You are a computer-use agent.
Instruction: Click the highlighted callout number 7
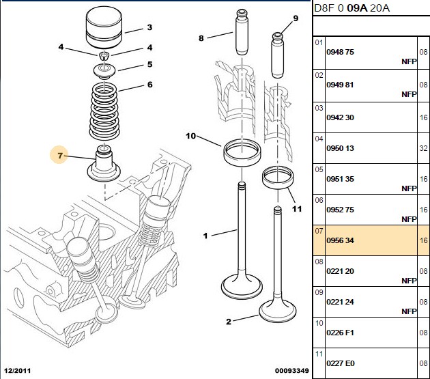click(60, 156)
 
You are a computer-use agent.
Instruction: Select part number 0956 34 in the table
click(340, 240)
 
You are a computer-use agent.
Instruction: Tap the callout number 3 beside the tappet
click(149, 27)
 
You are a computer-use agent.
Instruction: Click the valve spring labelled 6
click(104, 111)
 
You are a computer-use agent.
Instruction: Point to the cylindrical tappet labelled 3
click(104, 27)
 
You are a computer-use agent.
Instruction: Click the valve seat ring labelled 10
click(242, 153)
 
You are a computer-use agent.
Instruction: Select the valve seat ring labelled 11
click(278, 178)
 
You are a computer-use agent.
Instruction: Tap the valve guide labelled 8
click(242, 32)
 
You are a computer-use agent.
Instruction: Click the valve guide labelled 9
click(277, 55)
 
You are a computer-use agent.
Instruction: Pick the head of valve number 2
click(278, 311)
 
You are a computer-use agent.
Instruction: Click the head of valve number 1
click(242, 287)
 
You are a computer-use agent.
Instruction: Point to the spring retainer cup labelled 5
click(104, 71)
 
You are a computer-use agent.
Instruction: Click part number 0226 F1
click(340, 333)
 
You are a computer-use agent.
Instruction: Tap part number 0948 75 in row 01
click(340, 52)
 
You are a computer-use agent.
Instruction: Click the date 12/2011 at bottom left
click(18, 371)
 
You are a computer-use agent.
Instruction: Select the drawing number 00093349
click(292, 371)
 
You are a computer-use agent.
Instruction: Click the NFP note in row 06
click(409, 219)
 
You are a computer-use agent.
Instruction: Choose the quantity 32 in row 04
click(423, 148)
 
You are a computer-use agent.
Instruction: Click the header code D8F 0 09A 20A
click(352, 8)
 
